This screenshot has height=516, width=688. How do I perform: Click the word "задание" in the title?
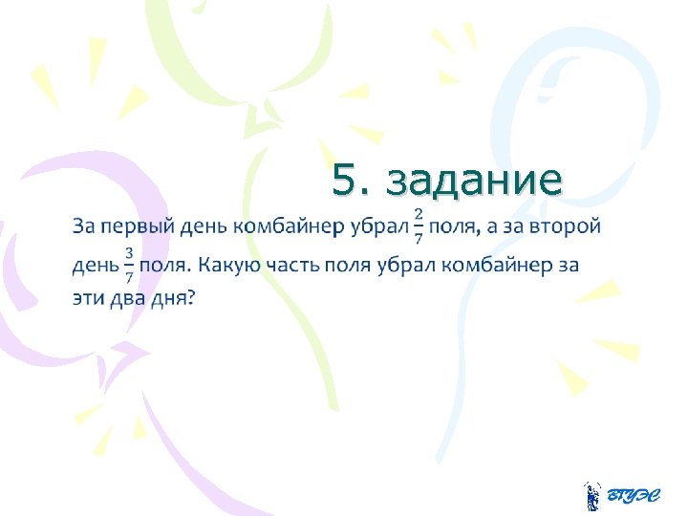[x=477, y=179]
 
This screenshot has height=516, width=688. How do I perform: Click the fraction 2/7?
[x=418, y=227]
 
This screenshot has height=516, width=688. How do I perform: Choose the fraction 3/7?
[x=128, y=264]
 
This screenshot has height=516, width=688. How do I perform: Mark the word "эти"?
[x=89, y=299]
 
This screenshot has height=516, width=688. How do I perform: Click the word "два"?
[x=131, y=299]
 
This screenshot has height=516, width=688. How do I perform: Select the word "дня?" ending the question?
[x=175, y=299]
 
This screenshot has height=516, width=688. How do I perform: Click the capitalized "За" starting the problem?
[x=84, y=227]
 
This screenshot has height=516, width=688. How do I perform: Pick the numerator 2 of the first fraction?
[x=418, y=216]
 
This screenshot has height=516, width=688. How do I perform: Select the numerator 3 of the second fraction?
[x=128, y=252]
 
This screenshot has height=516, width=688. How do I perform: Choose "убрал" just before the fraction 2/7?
[x=373, y=227]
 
